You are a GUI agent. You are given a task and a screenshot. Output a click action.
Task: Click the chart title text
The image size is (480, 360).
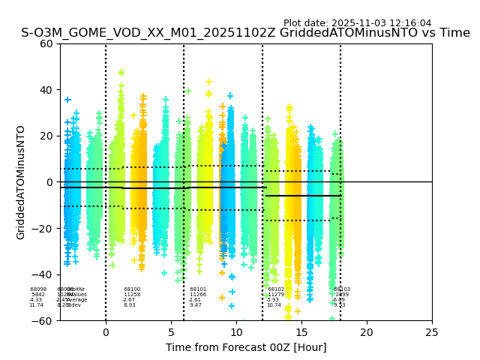click(x=245, y=33)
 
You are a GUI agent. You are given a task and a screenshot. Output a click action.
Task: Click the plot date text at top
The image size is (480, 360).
click(x=357, y=23)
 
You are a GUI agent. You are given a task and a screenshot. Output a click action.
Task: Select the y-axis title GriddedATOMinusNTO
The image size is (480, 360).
click(x=21, y=182)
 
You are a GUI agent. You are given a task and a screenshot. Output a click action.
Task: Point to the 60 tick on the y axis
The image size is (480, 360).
click(x=46, y=43)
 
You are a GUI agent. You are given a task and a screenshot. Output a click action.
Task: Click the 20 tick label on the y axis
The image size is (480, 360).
click(x=46, y=136)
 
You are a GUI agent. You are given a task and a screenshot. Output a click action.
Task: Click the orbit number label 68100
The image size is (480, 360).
click(x=132, y=289)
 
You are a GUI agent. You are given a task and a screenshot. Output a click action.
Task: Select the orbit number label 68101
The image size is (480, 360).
click(x=198, y=289)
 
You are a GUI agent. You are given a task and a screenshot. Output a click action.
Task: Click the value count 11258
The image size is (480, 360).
click(x=132, y=295)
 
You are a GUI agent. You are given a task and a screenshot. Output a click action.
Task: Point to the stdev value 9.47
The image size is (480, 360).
click(x=196, y=305)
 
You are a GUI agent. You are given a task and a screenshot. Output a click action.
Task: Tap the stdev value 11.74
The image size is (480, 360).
click(x=36, y=305)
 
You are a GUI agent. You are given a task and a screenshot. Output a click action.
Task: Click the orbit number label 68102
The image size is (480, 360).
click(x=276, y=289)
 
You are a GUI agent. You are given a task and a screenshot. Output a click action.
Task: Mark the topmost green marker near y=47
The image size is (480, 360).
click(x=121, y=73)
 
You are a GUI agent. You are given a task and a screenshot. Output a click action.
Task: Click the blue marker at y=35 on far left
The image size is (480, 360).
click(x=67, y=100)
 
